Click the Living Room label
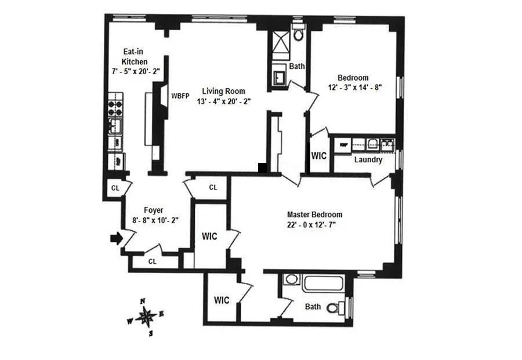pos(223,91)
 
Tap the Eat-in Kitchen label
pos(134,56)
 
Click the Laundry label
pos(368,160)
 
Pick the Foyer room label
pos(154,210)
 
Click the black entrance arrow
pos(117,238)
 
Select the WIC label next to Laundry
pos(319,156)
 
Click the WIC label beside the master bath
pos(222,300)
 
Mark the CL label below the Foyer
pos(152,261)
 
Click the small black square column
pos(263,168)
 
